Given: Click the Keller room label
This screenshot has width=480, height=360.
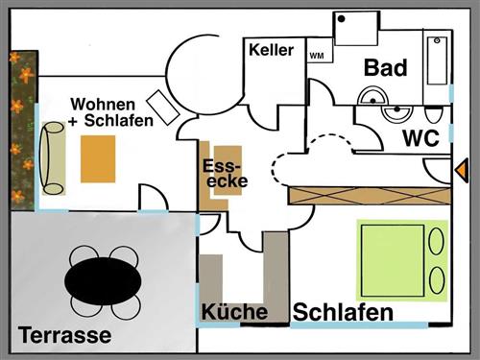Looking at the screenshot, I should (270, 51).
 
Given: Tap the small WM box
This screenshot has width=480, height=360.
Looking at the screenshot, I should (316, 55).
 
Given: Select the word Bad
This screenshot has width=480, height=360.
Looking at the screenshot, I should (385, 68).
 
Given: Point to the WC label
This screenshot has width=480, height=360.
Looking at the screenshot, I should (420, 138).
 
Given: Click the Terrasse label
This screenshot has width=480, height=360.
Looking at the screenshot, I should (64, 336).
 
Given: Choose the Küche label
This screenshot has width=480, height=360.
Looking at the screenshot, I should (234, 312).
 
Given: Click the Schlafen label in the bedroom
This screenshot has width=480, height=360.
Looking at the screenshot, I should (343, 313).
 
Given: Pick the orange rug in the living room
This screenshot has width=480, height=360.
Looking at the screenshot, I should (98, 159).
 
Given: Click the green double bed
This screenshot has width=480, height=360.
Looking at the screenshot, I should (402, 261).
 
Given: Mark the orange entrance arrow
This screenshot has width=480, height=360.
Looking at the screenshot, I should (459, 169).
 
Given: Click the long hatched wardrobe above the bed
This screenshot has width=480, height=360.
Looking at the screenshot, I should (369, 194).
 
